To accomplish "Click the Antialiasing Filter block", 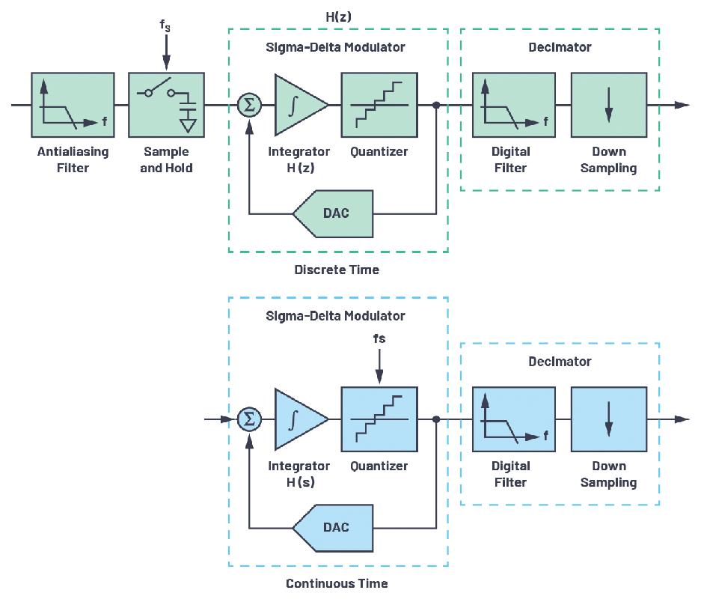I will coord(73,103).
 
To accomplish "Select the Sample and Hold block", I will coord(166,103).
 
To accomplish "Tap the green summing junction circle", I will coord(249,105).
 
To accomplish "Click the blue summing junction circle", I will coord(249,419).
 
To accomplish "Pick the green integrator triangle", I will coord(298,105).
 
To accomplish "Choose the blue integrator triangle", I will coord(298,419).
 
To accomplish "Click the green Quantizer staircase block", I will coord(379,103).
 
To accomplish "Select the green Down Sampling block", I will coord(608,103).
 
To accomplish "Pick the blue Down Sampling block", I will coord(608,419).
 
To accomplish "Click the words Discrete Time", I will coord(337,270).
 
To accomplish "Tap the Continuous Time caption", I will coord(337,583).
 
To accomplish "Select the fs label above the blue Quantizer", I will coord(379,339).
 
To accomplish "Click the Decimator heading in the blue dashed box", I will coord(560,362).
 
